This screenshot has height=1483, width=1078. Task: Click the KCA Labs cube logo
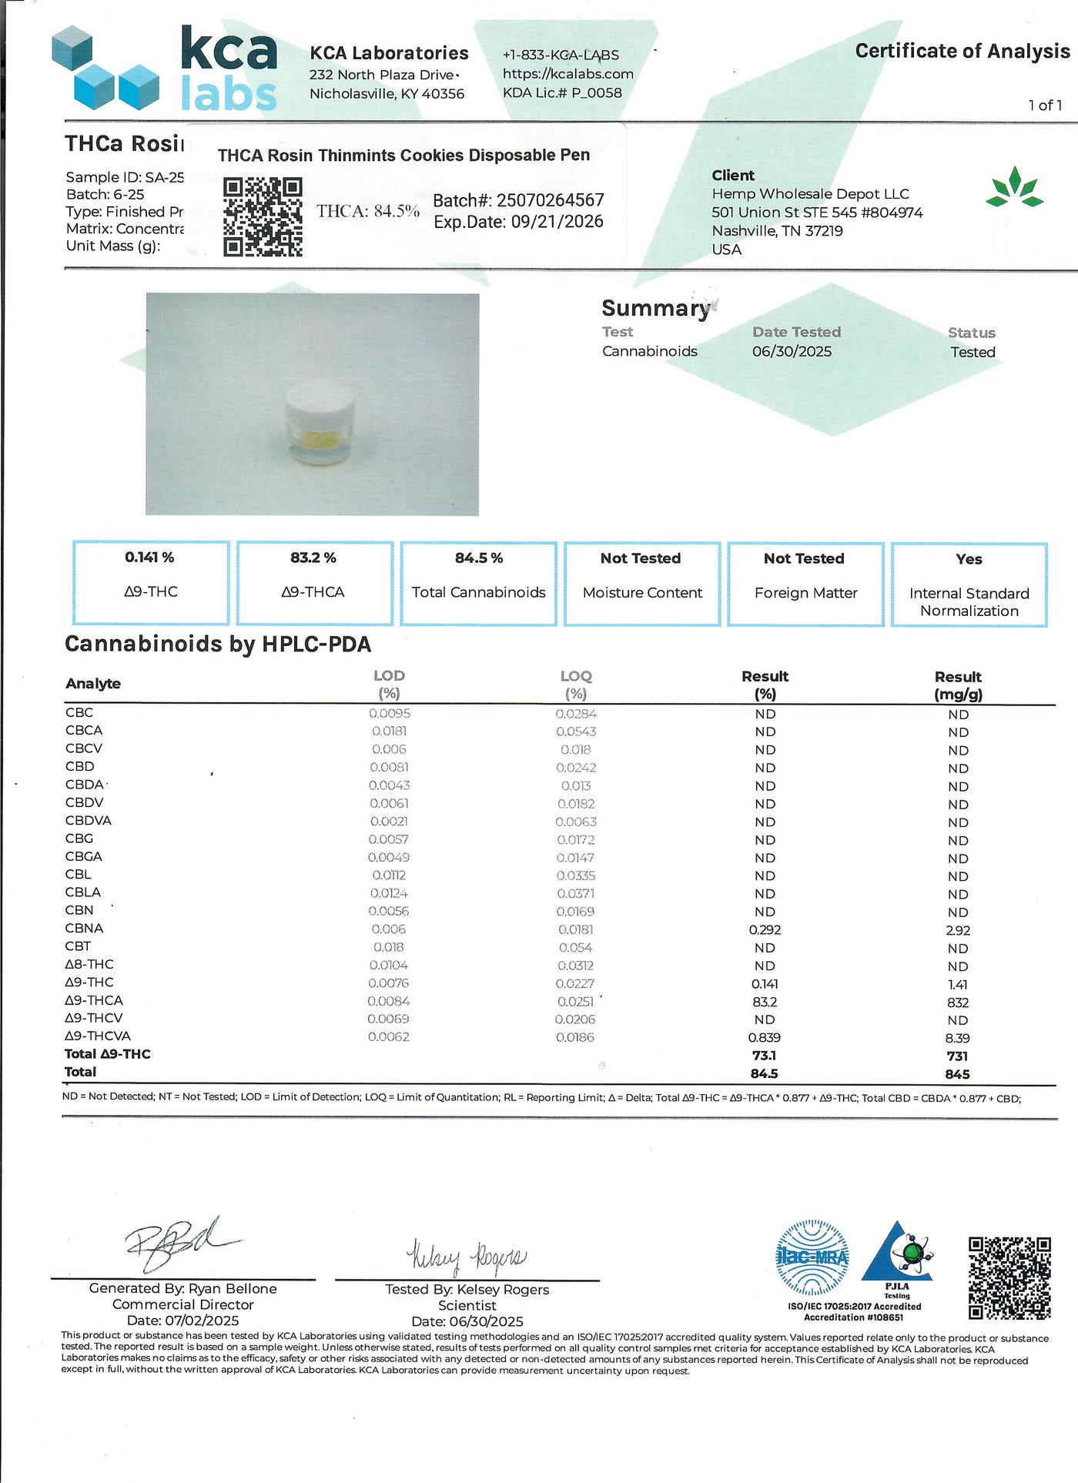coord(105,68)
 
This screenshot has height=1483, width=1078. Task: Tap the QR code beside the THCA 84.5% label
coord(263,217)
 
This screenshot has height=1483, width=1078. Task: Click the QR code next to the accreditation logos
coord(1009,1278)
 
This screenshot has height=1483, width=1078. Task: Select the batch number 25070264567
coord(550,201)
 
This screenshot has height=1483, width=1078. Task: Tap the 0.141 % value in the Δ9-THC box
coord(149,557)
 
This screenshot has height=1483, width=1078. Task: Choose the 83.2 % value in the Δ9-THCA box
coord(313,557)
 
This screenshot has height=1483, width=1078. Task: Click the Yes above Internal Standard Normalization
coord(969,559)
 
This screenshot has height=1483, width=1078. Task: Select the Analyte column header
coord(93,684)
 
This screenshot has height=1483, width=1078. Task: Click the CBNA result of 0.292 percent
coord(765,930)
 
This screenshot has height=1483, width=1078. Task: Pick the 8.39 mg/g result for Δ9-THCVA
coord(958,1038)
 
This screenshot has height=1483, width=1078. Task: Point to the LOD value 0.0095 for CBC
coord(390,714)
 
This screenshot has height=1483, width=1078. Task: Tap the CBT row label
coord(78,946)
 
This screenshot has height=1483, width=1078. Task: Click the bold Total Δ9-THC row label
coord(108,1054)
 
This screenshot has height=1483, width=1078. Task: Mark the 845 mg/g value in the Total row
coord(958,1074)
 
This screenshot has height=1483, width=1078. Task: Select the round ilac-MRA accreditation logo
coord(812,1257)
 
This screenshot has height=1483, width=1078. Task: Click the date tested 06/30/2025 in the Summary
coord(792,352)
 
